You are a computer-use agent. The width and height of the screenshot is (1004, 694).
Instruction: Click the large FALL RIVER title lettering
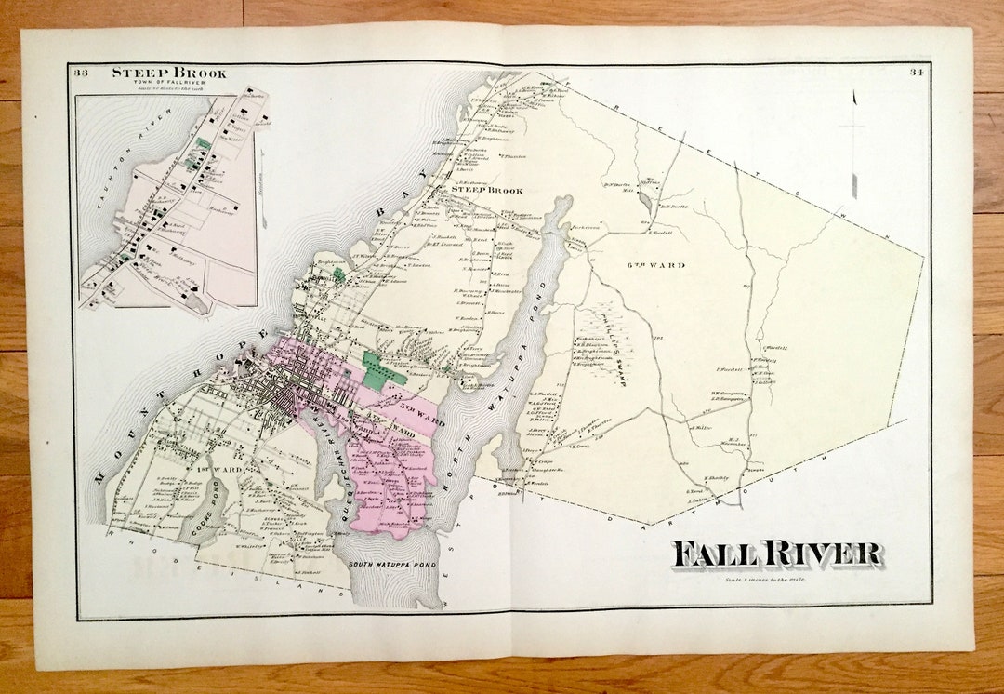(x=776, y=554)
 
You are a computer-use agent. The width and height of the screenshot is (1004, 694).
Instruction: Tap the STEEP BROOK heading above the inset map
(x=168, y=73)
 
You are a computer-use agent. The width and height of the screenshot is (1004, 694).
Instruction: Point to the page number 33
(x=81, y=73)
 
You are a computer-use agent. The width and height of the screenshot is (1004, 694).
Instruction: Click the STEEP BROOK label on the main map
(x=486, y=190)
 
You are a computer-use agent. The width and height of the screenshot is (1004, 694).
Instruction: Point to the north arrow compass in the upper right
(x=853, y=149)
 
